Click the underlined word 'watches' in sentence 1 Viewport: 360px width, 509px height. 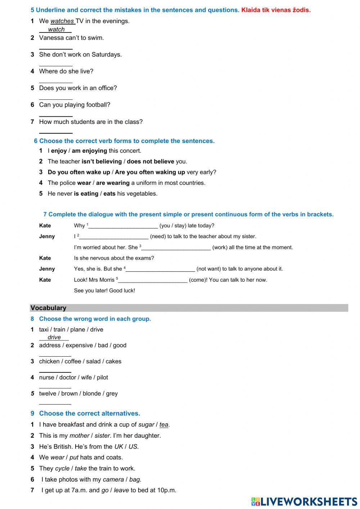pyautogui.click(x=62, y=21)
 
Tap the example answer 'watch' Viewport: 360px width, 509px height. pyautogui.click(x=56, y=30)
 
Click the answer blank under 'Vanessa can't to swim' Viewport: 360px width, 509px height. pyautogui.click(x=56, y=46)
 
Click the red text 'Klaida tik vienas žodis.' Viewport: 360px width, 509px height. pyautogui.click(x=276, y=10)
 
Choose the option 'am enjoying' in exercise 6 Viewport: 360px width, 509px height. pyautogui.click(x=89, y=151)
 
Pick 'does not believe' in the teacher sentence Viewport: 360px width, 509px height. pyautogui.click(x=150, y=162)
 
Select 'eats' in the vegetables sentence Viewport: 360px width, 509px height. pyautogui.click(x=109, y=194)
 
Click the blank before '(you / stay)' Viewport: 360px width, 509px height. pyautogui.click(x=123, y=226)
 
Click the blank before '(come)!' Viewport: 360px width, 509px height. pyautogui.click(x=153, y=280)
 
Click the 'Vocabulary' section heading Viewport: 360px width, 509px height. pyautogui.click(x=48, y=308)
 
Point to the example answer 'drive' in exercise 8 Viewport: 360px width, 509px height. pyautogui.click(x=54, y=338)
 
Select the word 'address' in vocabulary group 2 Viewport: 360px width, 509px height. pyautogui.click(x=50, y=345)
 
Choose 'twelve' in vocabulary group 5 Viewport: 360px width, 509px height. pyautogui.click(x=48, y=394)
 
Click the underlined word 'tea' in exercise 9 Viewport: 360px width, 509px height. pyautogui.click(x=164, y=425)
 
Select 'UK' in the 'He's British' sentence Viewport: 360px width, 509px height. pyautogui.click(x=118, y=447)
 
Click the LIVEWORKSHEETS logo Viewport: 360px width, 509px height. pyautogui.click(x=304, y=501)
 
